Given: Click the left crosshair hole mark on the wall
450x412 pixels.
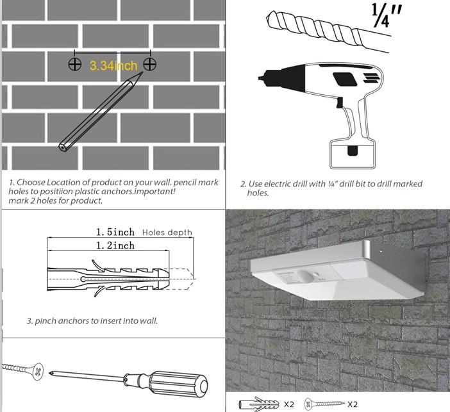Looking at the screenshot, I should coord(75,64).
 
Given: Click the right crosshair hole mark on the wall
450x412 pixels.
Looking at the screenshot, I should coord(151,64).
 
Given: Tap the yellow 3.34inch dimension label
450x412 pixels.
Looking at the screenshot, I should coord(113,65).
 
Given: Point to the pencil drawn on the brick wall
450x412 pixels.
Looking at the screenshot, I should coord(100,112).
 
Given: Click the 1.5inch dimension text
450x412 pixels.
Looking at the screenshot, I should coord(115,232).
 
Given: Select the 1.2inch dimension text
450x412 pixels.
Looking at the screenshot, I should coord(115,245).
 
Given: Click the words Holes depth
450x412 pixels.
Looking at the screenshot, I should coord(166,233).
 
